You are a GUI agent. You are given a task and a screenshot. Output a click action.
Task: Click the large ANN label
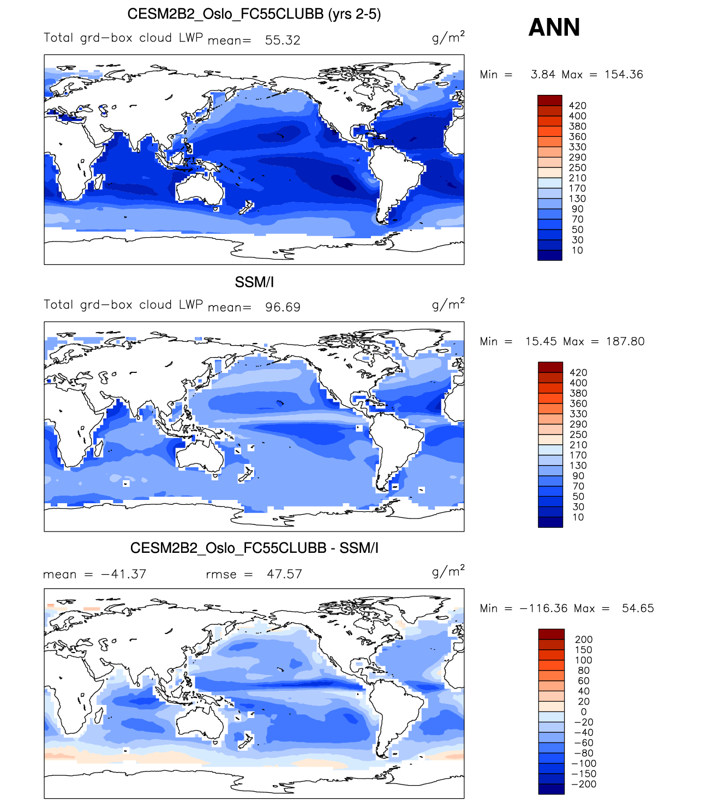click(x=554, y=27)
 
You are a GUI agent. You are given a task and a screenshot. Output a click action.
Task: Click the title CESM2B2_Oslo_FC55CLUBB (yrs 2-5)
click(x=254, y=14)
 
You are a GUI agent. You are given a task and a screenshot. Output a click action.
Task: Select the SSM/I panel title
click(x=254, y=282)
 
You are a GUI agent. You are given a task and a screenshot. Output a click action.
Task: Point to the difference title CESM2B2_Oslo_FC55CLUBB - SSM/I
click(x=254, y=548)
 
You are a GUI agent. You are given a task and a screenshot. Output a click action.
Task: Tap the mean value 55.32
click(x=283, y=40)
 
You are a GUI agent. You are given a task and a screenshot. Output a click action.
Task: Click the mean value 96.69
click(x=283, y=307)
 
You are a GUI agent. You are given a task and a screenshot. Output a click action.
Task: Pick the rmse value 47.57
click(x=284, y=574)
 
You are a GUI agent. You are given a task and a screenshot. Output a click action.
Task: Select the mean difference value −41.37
click(x=124, y=574)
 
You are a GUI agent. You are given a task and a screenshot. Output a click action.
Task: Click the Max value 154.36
click(x=624, y=75)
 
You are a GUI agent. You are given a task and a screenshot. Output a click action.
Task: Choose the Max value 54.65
click(x=638, y=608)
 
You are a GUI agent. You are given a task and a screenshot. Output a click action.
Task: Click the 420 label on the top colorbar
click(x=577, y=106)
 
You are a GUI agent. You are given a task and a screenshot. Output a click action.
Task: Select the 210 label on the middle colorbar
click(x=578, y=445)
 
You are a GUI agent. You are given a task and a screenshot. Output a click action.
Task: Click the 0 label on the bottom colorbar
click(x=584, y=712)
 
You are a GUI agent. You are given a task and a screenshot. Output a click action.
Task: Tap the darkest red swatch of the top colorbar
click(x=549, y=100)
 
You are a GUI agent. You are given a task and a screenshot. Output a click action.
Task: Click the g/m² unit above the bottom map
click(x=448, y=571)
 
